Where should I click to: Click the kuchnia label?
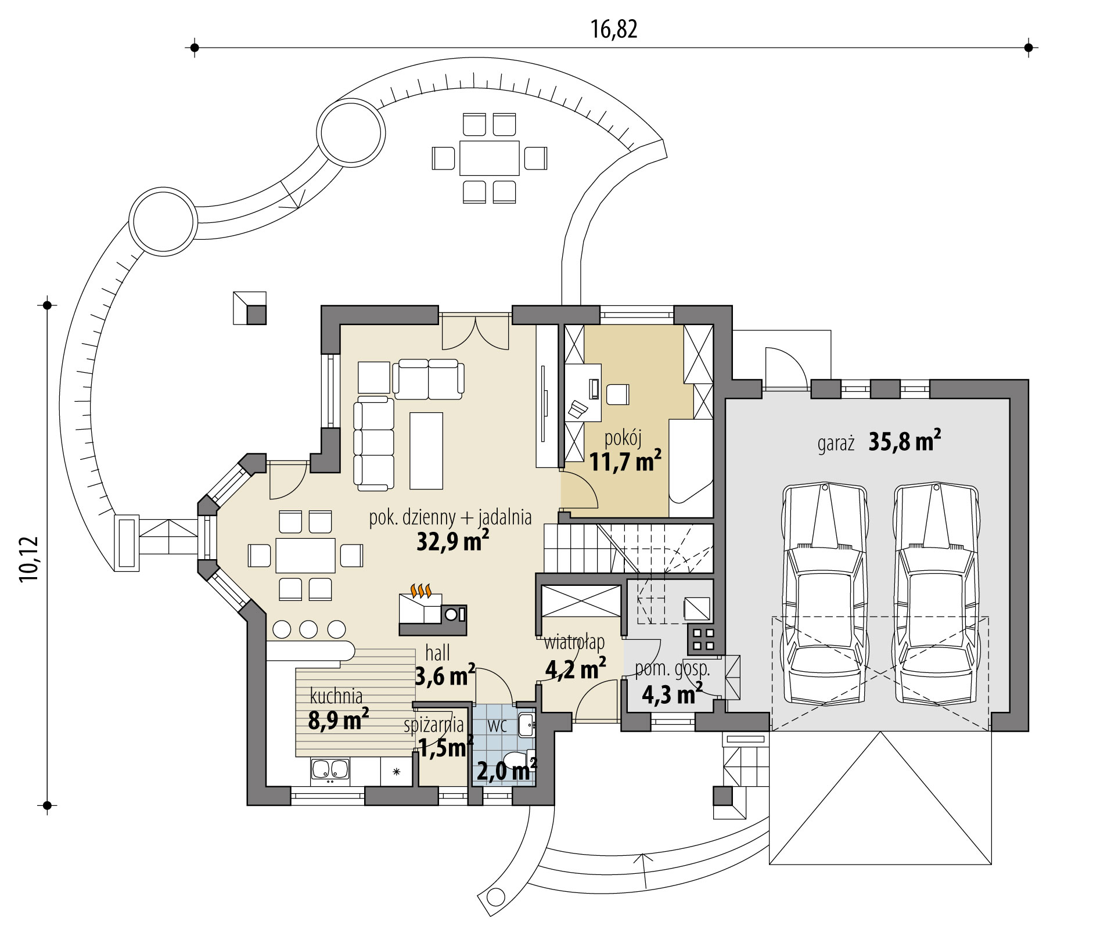pos(336,695)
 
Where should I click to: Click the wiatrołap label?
pos(574,642)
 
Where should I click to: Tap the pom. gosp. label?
pos(672,669)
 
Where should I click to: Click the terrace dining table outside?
pos(489,157)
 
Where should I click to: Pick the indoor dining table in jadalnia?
pos(305,556)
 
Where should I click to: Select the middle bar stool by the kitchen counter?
pos(309,629)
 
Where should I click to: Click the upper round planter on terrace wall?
pos(351,131)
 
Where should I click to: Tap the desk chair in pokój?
pos(617,394)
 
